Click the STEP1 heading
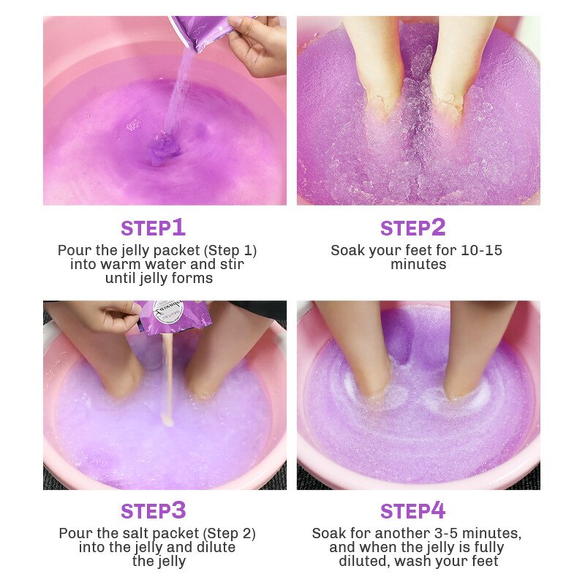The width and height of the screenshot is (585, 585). coord(153,228)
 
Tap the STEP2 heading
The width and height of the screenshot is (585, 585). coord(412,228)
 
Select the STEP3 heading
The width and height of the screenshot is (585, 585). coord(153,510)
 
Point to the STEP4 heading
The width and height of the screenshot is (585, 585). coord(412,510)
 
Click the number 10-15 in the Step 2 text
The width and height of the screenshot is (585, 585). coord(482,250)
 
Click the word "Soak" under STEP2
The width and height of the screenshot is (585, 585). coord(348,250)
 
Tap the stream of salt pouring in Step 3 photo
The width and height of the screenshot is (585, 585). coord(169,380)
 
